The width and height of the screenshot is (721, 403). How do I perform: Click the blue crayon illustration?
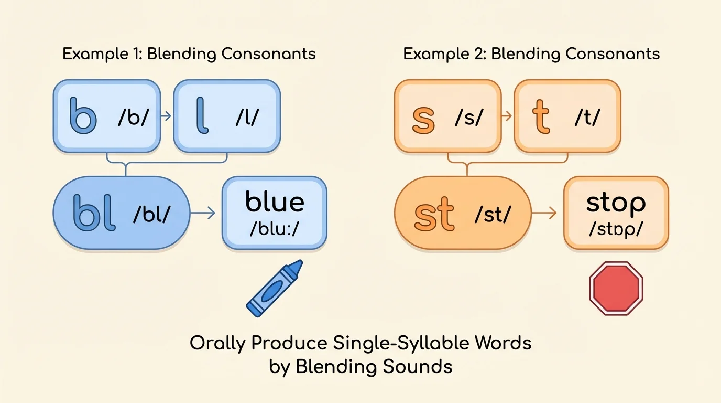coord(275,288)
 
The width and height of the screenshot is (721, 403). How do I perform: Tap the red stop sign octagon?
coord(616,289)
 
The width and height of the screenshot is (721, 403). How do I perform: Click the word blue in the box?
coord(275,202)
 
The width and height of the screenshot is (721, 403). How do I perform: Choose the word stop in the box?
coord(616,203)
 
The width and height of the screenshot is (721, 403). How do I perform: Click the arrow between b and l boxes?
coord(165,116)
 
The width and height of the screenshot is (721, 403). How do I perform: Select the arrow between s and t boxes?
coord(506,116)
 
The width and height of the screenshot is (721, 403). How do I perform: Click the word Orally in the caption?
coord(217,344)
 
